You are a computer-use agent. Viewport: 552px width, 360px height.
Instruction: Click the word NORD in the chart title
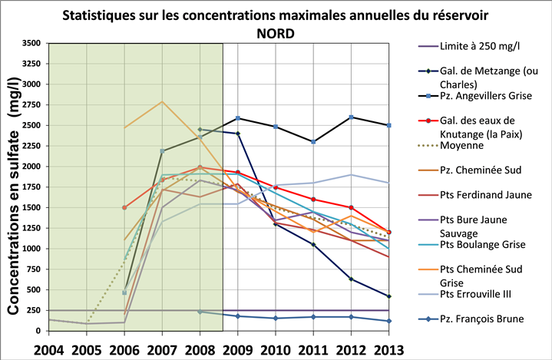tap(276, 33)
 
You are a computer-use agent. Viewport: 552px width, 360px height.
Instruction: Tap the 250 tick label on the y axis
tap(32, 310)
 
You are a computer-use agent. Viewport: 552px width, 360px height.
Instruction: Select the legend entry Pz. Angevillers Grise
tap(482, 98)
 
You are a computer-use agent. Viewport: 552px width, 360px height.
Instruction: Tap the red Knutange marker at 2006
tap(124, 207)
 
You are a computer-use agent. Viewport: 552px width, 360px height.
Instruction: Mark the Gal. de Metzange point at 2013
tap(388, 296)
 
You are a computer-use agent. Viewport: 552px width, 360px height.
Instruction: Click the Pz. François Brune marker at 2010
tap(275, 318)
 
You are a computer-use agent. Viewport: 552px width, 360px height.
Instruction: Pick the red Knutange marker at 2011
tap(312, 199)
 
